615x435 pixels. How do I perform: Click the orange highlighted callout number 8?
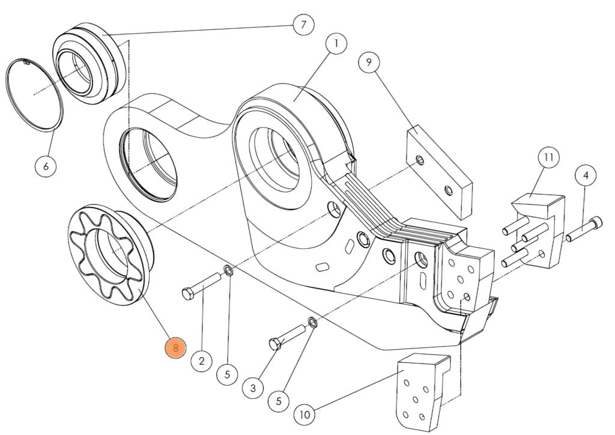click(175, 348)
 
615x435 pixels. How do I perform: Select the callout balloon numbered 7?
click(303, 25)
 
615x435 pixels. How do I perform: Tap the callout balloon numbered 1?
click(336, 43)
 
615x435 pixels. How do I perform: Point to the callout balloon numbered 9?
click(369, 62)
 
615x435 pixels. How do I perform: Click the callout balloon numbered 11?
click(548, 158)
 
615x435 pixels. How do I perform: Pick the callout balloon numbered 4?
click(586, 175)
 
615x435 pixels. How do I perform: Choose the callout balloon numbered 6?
click(46, 165)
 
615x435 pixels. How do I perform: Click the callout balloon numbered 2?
click(201, 360)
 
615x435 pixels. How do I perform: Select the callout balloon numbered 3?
click(253, 388)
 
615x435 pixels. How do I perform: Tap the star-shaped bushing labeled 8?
click(111, 252)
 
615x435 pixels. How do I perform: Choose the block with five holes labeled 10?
click(420, 391)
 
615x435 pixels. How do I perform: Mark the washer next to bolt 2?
click(228, 270)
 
